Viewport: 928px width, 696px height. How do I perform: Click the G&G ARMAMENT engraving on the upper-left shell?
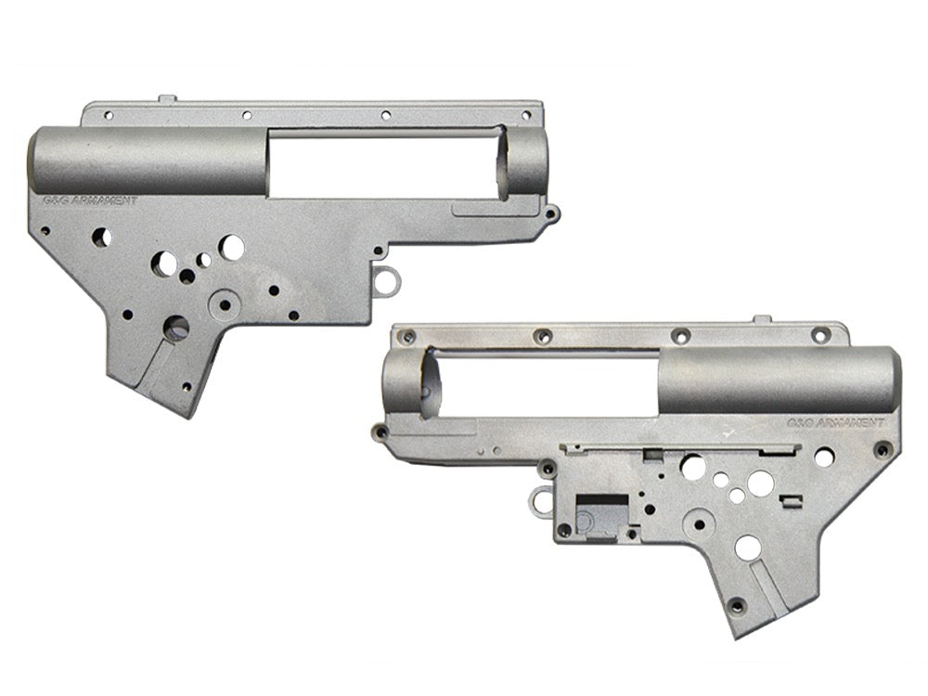pos(91,200)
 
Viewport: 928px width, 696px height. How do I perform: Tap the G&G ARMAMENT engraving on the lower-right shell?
pos(835,421)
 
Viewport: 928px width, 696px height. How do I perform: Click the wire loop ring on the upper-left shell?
pos(390,280)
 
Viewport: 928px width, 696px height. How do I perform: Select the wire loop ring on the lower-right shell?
pos(540,501)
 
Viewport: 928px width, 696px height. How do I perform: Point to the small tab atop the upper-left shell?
pos(167,97)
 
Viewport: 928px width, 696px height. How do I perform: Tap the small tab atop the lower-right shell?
pos(761,319)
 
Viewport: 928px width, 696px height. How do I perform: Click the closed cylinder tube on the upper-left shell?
pos(148,160)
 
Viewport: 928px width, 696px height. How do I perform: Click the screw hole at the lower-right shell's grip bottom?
pos(738,605)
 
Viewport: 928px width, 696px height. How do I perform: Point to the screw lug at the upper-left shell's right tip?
pos(552,214)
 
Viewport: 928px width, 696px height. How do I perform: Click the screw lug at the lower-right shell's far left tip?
pos(380,432)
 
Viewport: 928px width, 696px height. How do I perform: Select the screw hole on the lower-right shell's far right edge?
pos(883,450)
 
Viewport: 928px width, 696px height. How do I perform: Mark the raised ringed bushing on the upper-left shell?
pos(223,303)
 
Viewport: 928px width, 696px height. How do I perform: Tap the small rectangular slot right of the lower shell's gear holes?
pos(791,502)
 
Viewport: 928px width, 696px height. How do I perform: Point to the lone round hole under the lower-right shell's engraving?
pos(823,457)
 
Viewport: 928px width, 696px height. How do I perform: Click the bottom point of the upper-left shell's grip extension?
pos(190,416)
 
